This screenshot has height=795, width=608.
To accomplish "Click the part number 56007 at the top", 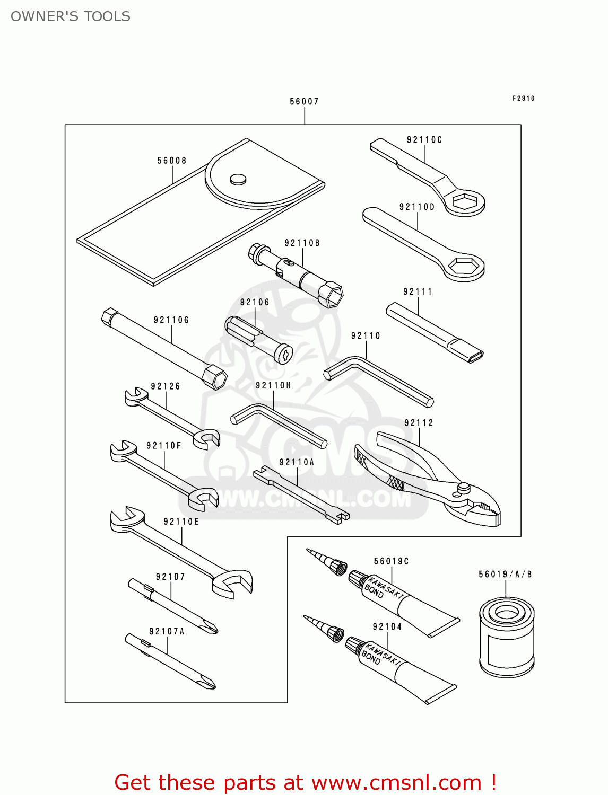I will (x=304, y=101).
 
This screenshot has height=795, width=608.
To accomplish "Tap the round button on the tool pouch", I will (x=238, y=179).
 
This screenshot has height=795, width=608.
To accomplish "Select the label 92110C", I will (x=424, y=140).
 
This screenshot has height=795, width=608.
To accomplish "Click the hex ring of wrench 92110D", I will (x=464, y=266).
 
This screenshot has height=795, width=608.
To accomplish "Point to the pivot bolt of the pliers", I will (x=464, y=487).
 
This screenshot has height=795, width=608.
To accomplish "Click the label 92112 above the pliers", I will (x=419, y=423).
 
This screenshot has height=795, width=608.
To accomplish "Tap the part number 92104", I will (x=387, y=626).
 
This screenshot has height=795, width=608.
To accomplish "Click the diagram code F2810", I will (x=524, y=98).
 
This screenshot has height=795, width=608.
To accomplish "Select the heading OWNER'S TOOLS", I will (x=71, y=16).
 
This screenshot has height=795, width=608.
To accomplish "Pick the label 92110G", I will (x=171, y=320).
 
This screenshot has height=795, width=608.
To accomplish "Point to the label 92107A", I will (x=167, y=631).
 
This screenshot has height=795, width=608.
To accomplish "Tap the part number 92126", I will (x=166, y=386).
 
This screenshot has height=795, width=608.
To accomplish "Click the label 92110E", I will (x=181, y=522).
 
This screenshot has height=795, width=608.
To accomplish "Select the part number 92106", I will (x=255, y=302).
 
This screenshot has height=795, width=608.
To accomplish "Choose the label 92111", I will (x=418, y=291).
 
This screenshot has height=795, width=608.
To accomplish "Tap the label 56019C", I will (x=392, y=561).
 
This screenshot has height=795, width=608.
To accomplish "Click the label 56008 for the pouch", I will (x=172, y=161).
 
